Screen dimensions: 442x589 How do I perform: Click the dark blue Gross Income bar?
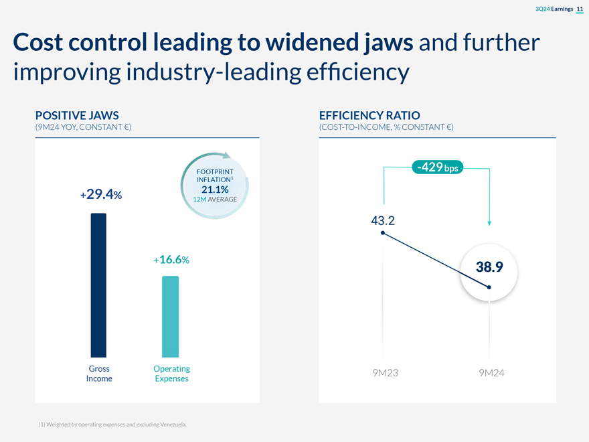pyautogui.click(x=98, y=285)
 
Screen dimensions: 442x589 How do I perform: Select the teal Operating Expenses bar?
pyautogui.click(x=171, y=316)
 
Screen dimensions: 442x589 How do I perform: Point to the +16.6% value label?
pyautogui.click(x=171, y=260)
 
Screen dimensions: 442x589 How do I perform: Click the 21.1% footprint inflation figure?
pyautogui.click(x=215, y=190)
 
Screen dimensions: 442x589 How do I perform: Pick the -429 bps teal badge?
pyautogui.click(x=436, y=166)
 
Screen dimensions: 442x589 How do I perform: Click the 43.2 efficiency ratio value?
pyautogui.click(x=382, y=220)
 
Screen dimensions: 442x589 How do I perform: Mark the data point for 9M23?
pyautogui.click(x=382, y=233)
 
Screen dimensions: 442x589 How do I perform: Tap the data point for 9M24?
pyautogui.click(x=489, y=287)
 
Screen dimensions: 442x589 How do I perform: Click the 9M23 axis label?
pyautogui.click(x=385, y=373)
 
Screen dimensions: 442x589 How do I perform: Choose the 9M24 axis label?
pyautogui.click(x=491, y=373)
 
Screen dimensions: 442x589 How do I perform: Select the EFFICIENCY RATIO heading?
pyautogui.click(x=369, y=115)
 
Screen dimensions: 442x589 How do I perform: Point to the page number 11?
pyautogui.click(x=580, y=8)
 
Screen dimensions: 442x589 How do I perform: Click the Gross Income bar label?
pyautogui.click(x=99, y=374)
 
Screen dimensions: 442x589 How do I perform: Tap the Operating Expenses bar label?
pyautogui.click(x=171, y=374)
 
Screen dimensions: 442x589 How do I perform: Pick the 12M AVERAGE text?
pyautogui.click(x=215, y=200)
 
